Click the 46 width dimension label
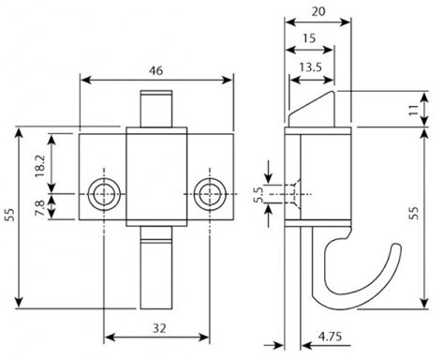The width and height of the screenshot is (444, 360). click(155, 71)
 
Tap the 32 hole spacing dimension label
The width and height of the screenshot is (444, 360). click(159, 328)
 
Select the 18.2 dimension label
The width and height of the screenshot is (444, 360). click(40, 166)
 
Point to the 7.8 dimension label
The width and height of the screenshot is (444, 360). click(39, 208)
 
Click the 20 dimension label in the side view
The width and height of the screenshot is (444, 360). click(318, 11)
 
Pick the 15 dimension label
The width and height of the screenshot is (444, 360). click(309, 38)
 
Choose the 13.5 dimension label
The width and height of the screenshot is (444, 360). click(310, 67)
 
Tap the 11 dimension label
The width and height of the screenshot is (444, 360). click(414, 110)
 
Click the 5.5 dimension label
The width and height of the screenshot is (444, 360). click(259, 195)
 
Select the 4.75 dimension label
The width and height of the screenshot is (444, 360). click(330, 337)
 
